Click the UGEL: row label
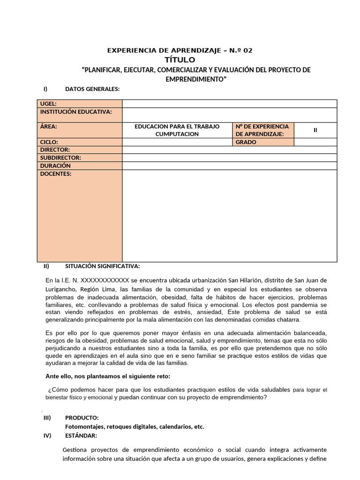49,104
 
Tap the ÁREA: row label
49,127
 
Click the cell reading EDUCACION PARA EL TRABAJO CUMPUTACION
177,130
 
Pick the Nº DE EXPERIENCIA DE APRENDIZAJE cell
262,130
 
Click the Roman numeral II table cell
315,130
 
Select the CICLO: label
50,142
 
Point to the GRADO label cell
246,142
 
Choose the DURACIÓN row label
55,166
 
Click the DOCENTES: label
56,174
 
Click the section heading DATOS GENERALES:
92,89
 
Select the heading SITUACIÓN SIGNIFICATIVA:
102,266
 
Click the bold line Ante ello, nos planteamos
108,376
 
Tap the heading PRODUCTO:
82,418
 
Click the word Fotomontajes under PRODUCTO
84,427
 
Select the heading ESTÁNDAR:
81,435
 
